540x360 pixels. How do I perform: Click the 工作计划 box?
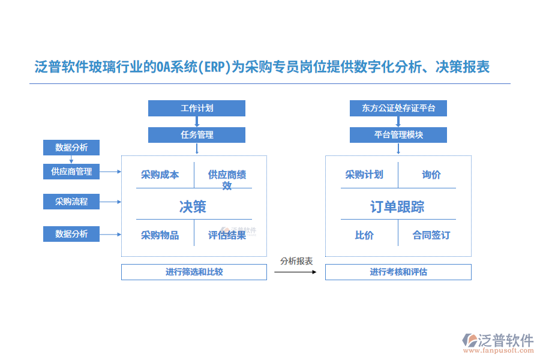[197, 109]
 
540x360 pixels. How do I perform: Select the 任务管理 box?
[197, 135]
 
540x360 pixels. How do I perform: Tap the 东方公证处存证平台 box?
[398, 109]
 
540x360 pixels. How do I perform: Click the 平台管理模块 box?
[398, 135]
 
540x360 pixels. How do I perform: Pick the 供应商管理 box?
[71, 172]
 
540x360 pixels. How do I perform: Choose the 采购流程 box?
[71, 202]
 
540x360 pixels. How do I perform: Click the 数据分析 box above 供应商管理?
[71, 148]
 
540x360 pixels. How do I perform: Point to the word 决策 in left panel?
[193, 207]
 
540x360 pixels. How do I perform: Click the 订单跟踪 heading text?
[397, 207]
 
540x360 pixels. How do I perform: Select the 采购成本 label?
[160, 175]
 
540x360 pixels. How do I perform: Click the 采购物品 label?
[160, 235]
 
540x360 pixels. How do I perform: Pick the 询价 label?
[431, 175]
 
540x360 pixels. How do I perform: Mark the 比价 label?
[364, 235]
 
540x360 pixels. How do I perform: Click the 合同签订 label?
[431, 235]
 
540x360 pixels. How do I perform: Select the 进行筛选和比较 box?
[194, 272]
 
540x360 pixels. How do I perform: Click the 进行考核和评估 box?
[398, 272]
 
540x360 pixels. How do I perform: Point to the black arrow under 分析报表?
[295, 272]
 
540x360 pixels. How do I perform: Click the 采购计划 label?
[364, 175]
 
